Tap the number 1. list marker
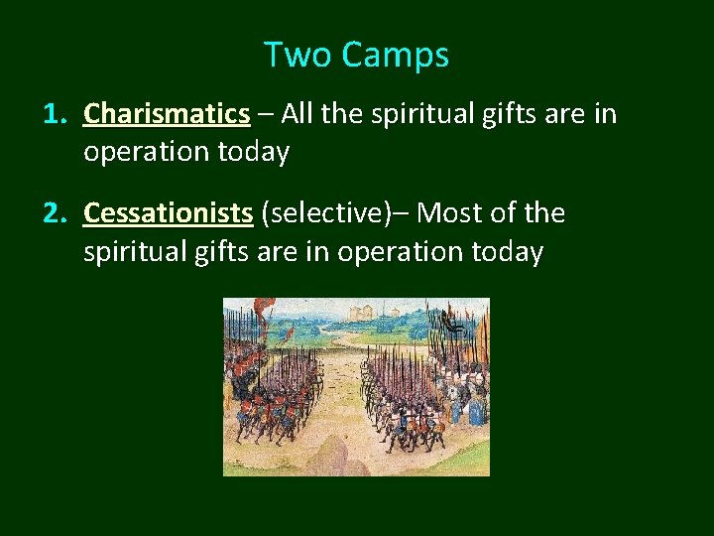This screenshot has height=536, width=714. [55, 114]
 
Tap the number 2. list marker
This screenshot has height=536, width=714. [55, 213]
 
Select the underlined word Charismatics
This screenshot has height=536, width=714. [167, 114]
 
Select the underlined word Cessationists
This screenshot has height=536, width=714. [169, 213]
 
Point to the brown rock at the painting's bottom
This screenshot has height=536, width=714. [348, 459]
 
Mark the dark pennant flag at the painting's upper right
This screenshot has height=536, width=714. [453, 319]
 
